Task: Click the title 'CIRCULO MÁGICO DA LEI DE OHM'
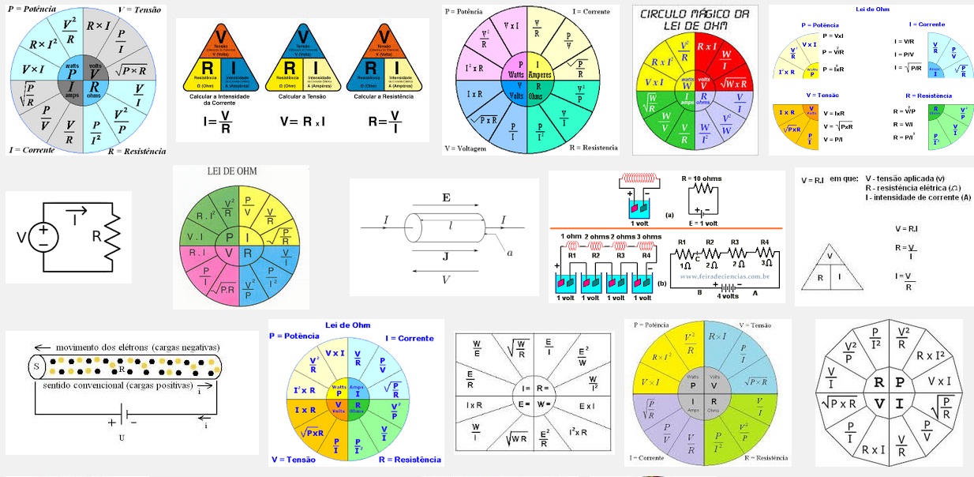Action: [695, 21]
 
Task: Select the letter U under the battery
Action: [122, 437]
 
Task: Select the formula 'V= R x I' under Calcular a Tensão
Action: [302, 122]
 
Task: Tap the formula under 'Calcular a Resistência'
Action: [384, 122]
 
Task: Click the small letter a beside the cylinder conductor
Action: [510, 252]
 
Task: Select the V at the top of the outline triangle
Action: [829, 256]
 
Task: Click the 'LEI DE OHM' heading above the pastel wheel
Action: [232, 171]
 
